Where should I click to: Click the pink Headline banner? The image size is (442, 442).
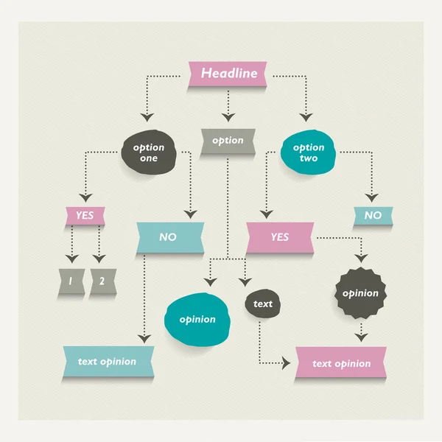pyautogui.click(x=228, y=74)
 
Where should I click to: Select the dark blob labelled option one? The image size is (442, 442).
pyautogui.click(x=149, y=152)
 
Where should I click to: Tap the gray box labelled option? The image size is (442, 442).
pyautogui.click(x=228, y=141)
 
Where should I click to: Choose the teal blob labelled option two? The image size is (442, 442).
pyautogui.click(x=308, y=152)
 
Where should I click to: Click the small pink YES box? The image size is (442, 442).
pyautogui.click(x=85, y=216)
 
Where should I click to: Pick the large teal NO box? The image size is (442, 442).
pyautogui.click(x=169, y=237)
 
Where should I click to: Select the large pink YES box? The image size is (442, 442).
pyautogui.click(x=280, y=237)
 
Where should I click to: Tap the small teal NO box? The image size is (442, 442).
pyautogui.click(x=373, y=216)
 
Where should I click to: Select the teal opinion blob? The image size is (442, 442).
pyautogui.click(x=197, y=319)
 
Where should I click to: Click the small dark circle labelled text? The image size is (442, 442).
pyautogui.click(x=262, y=304)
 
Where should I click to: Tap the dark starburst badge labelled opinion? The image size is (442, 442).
pyautogui.click(x=360, y=293)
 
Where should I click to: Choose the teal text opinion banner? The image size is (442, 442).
pyautogui.click(x=108, y=362)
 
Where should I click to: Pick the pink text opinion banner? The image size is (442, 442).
pyautogui.click(x=341, y=364)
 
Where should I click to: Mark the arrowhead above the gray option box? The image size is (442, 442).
pyautogui.click(x=228, y=116)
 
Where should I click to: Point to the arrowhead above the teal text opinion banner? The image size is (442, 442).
pyautogui.click(x=145, y=337)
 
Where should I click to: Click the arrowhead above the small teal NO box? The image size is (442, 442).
pyautogui.click(x=373, y=197)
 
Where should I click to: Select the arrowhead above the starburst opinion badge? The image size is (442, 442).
pyautogui.click(x=360, y=259)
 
